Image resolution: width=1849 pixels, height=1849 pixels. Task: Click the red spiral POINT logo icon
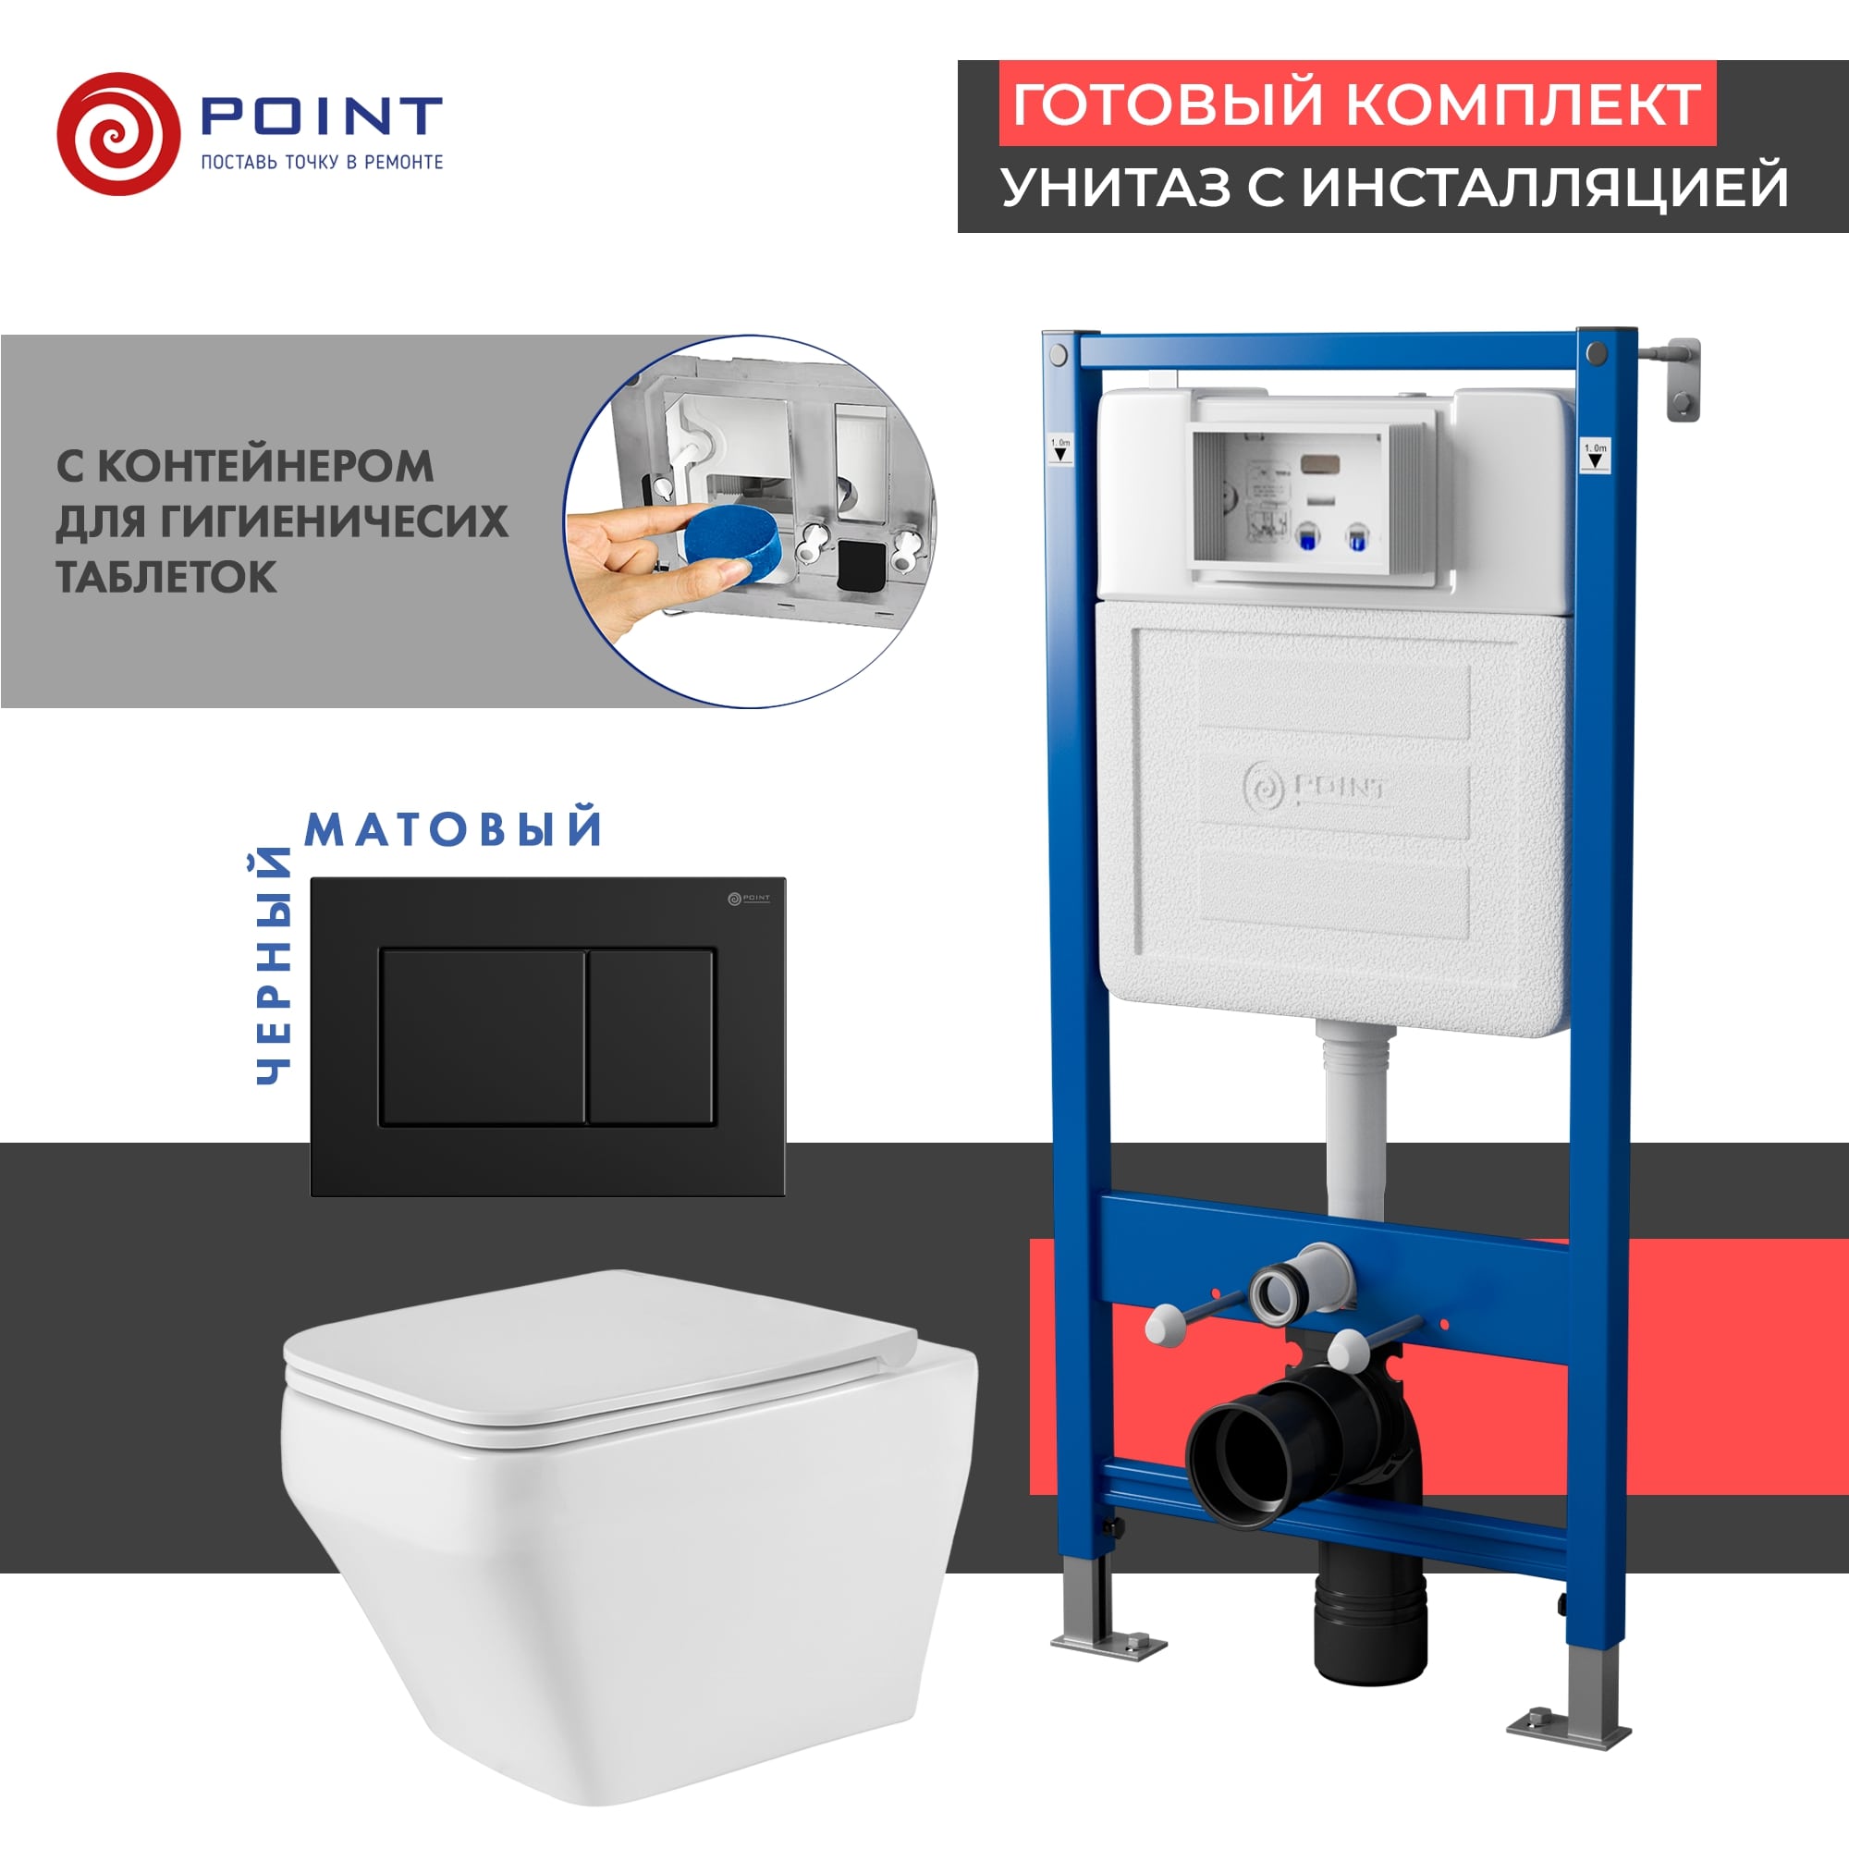(118, 134)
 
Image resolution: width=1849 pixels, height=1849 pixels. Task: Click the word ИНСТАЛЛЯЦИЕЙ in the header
(1545, 188)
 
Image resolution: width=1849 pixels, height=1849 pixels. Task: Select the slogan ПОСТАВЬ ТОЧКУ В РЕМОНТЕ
(322, 163)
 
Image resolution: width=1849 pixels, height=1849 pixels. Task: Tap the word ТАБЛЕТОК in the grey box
(166, 577)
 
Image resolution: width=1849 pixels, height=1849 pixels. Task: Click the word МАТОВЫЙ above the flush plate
(454, 828)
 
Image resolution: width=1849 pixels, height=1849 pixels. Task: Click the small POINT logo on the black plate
(749, 898)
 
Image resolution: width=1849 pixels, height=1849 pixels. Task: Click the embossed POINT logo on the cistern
(1316, 788)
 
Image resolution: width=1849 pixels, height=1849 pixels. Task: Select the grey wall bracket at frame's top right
(1682, 378)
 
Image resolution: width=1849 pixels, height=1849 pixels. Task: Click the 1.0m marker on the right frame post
(1596, 454)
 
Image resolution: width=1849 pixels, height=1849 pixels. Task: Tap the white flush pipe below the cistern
(1355, 1120)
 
